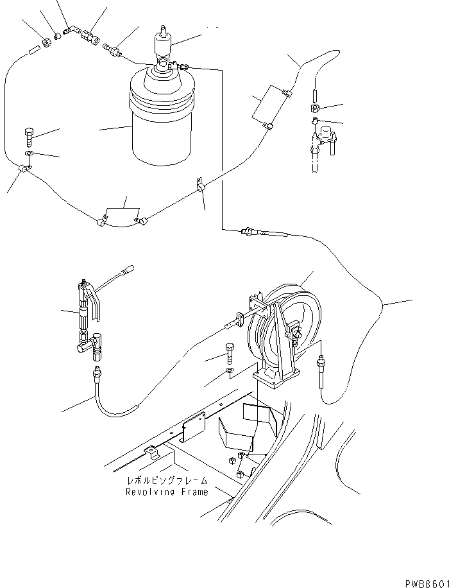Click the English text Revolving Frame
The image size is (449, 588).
coord(167,492)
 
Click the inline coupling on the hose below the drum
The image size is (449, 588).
coord(247,231)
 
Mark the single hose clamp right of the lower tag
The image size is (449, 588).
coord(199,187)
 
